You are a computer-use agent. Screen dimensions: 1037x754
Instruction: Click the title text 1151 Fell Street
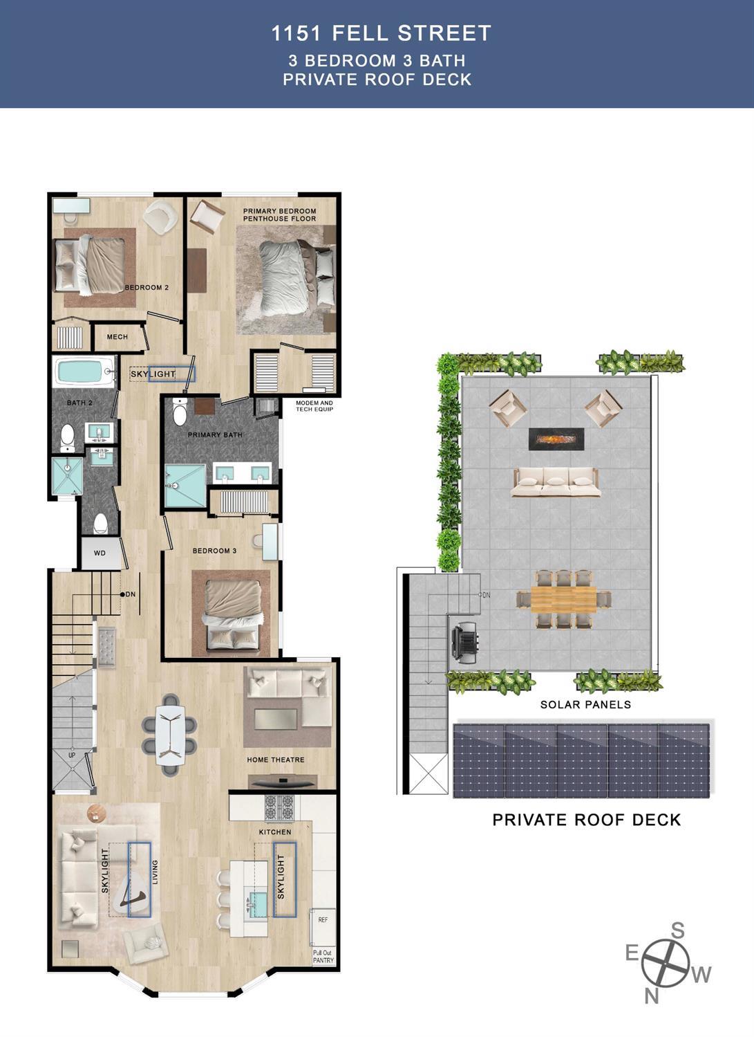(x=381, y=33)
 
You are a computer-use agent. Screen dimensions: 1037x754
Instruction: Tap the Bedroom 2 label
(x=147, y=287)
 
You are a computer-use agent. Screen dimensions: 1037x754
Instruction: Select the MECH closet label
(x=117, y=337)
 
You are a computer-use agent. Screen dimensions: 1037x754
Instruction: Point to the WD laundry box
(x=100, y=553)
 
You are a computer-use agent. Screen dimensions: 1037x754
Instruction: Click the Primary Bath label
(x=215, y=435)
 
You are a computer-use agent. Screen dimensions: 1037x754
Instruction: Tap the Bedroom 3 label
(x=214, y=551)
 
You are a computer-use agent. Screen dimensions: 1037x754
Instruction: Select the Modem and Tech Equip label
(x=314, y=406)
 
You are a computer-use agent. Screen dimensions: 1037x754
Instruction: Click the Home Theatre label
(x=276, y=760)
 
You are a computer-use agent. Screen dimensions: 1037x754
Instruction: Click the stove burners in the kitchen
(x=279, y=807)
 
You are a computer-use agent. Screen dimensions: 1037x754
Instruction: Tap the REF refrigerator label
(x=323, y=920)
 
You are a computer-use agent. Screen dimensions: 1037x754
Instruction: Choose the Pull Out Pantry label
(x=323, y=957)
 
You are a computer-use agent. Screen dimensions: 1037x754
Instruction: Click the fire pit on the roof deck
(x=556, y=439)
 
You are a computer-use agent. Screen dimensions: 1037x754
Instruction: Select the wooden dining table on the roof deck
(x=563, y=599)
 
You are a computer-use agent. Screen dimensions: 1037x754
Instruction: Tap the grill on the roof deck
(x=465, y=640)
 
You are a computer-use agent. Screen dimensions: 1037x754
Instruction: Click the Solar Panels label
(x=585, y=705)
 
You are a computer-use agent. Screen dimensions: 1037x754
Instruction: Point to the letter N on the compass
(x=651, y=995)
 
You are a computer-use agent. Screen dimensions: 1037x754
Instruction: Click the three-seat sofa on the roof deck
(x=554, y=481)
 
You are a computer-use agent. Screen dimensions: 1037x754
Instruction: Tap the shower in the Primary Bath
(x=185, y=486)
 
